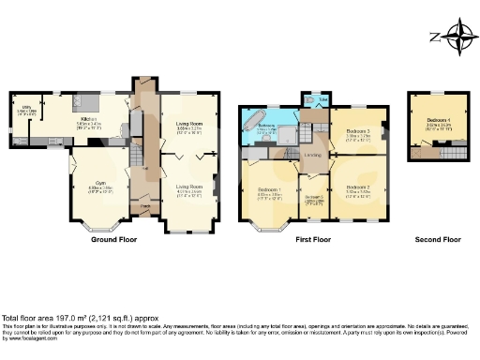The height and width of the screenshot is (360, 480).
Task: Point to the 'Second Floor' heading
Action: coord(438,240)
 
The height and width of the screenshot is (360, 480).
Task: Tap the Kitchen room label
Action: coord(88,120)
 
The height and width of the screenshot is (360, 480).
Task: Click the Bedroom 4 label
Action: coord(438,121)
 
